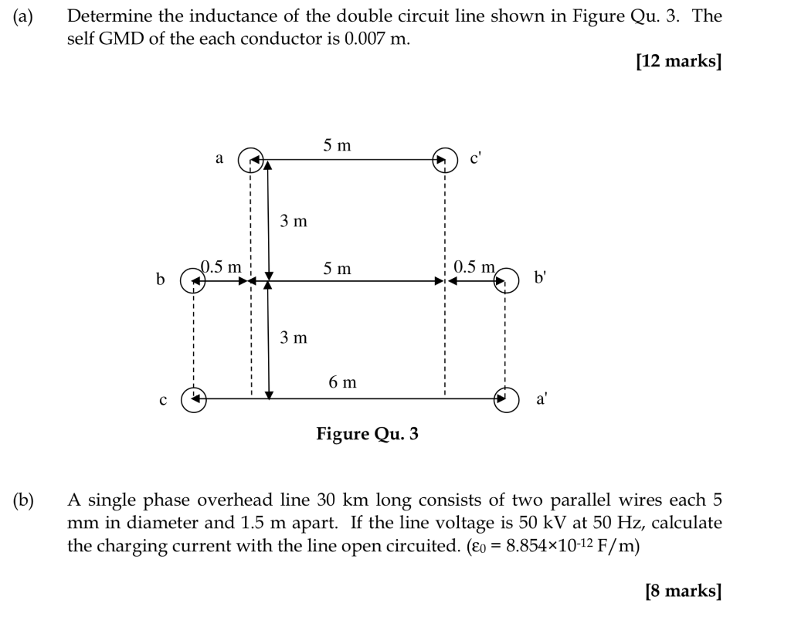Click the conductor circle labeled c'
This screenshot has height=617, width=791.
(444, 160)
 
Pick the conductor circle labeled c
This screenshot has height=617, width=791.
(193, 399)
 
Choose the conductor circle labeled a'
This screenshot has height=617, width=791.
(505, 399)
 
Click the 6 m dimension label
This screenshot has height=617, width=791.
(342, 382)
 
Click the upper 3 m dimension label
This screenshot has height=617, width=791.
(294, 222)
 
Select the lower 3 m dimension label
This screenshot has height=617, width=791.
(294, 337)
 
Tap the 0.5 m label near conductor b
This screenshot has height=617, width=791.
(222, 267)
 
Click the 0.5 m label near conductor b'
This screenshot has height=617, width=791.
(474, 267)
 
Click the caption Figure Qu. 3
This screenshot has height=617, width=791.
(367, 434)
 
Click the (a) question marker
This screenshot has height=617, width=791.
(22, 16)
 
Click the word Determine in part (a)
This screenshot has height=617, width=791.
(104, 16)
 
